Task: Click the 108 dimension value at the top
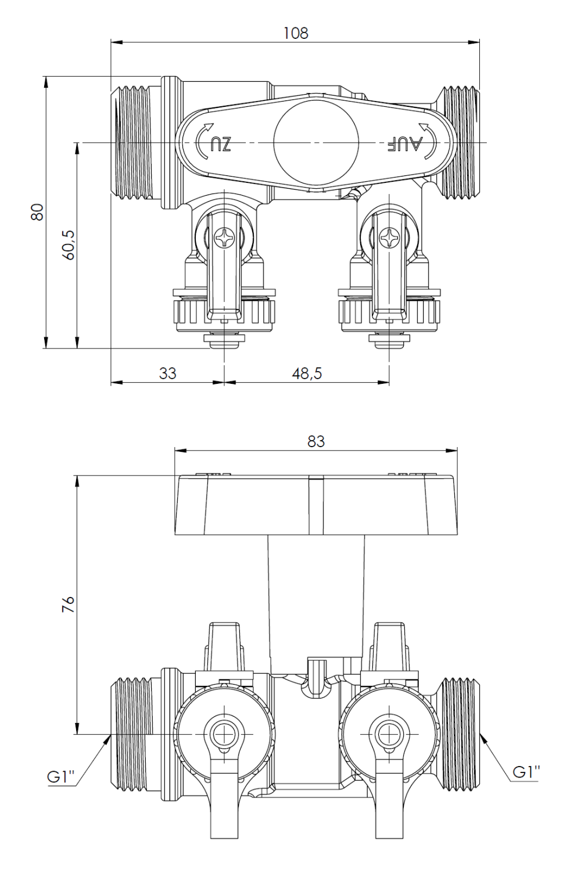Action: [x=296, y=33]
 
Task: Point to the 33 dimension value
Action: [x=167, y=373]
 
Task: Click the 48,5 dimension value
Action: [x=307, y=373]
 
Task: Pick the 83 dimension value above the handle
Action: [x=316, y=441]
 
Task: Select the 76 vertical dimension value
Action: [x=68, y=605]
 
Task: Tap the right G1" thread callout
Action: [x=526, y=772]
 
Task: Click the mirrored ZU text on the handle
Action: [x=221, y=143]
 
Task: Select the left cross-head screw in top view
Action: [x=223, y=238]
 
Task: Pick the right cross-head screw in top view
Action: [x=388, y=238]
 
